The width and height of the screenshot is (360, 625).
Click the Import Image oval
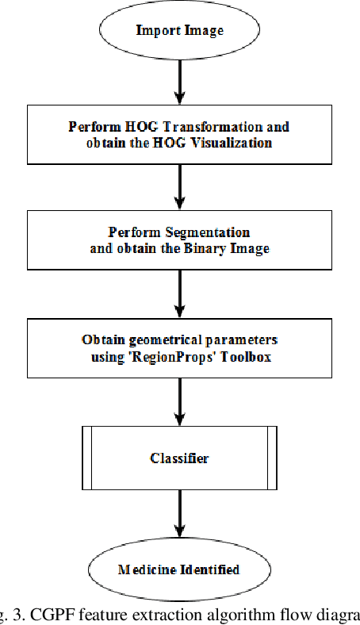pos(179,31)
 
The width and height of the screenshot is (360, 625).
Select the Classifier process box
pos(179,458)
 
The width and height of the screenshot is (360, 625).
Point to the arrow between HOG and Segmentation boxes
pos(179,186)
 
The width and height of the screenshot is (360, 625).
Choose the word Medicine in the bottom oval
pos(145,569)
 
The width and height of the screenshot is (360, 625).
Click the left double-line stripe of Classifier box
pos(86,458)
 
